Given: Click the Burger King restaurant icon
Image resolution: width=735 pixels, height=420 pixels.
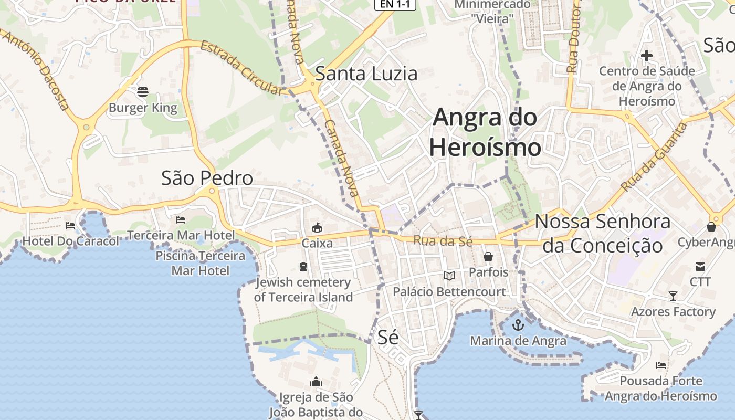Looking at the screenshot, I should [x=143, y=92].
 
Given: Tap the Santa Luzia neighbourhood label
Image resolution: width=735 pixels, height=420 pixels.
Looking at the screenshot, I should [x=366, y=73].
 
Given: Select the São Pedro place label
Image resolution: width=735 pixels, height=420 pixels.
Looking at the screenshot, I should [x=207, y=178].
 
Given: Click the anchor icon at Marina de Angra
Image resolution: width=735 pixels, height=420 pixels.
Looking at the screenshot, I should [x=518, y=324].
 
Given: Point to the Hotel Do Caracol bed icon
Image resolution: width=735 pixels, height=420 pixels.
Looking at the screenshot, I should [x=70, y=226].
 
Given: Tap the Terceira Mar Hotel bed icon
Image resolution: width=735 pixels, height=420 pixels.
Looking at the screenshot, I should [x=181, y=219].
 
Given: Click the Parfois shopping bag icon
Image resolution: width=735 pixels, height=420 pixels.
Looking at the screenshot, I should [x=488, y=257].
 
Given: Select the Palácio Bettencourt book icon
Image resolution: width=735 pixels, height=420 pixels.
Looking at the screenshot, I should [x=449, y=276].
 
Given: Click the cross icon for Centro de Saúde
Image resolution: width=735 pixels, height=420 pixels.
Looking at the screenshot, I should [x=647, y=55].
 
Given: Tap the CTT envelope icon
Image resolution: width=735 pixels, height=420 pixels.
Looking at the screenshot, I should [x=700, y=266].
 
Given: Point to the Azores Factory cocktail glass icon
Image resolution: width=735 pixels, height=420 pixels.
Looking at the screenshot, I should [x=673, y=296].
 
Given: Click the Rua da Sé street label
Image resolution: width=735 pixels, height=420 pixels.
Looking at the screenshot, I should [x=443, y=241].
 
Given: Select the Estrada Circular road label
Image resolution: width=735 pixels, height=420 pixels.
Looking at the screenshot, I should [x=242, y=68].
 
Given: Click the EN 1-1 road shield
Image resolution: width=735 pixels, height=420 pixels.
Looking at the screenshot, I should [x=395, y=5].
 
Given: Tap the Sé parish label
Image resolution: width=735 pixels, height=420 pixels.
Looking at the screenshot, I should [x=388, y=337].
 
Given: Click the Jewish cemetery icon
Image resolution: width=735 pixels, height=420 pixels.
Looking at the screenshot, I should [x=303, y=267].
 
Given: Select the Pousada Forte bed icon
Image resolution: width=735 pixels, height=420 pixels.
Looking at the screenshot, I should [x=661, y=365].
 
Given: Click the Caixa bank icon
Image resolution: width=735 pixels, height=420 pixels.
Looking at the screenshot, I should [x=317, y=228].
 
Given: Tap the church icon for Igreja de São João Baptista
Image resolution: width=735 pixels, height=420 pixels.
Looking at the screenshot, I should [x=316, y=382].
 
